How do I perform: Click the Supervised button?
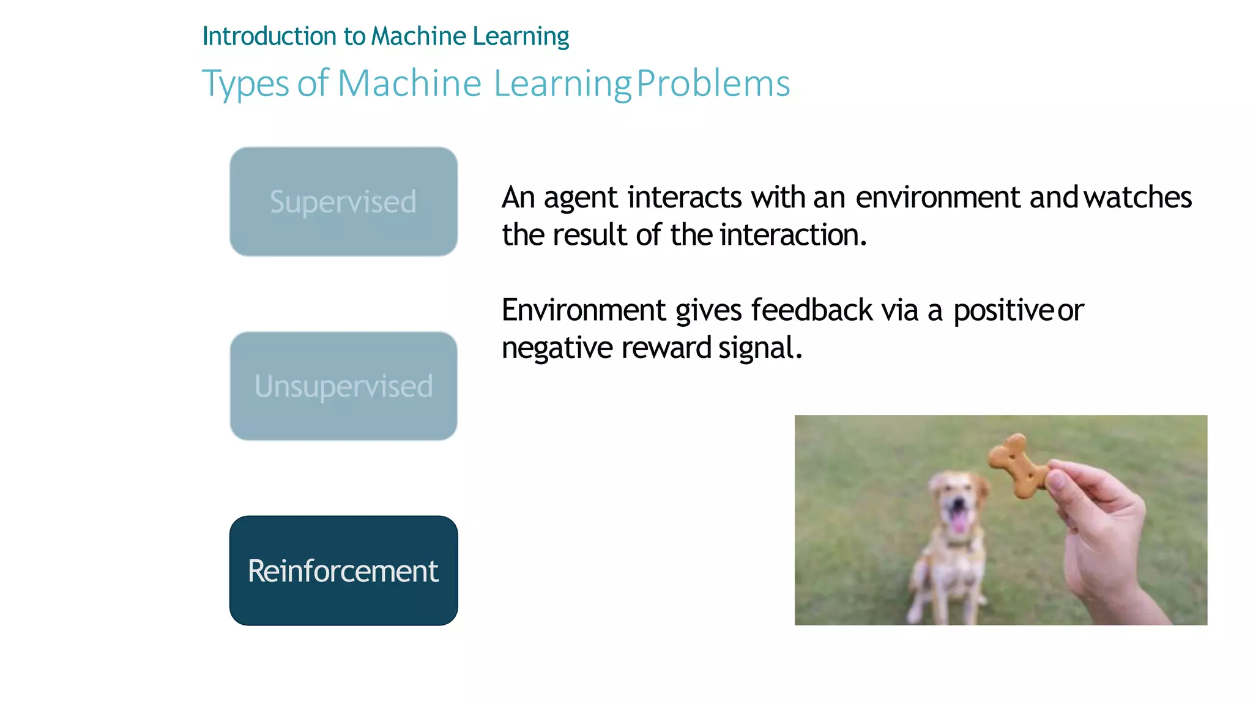coord(343,201)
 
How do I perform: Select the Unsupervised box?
coord(343,386)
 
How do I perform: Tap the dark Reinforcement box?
coord(343,570)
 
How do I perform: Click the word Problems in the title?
coord(713,83)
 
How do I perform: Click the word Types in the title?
coord(245,84)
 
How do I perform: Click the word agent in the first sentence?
coord(581,198)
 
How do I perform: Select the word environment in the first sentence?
coord(937,197)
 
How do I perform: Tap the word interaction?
coord(793,235)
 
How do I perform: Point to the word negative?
coord(557,348)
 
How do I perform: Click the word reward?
coord(666,348)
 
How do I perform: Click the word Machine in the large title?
coord(409,83)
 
